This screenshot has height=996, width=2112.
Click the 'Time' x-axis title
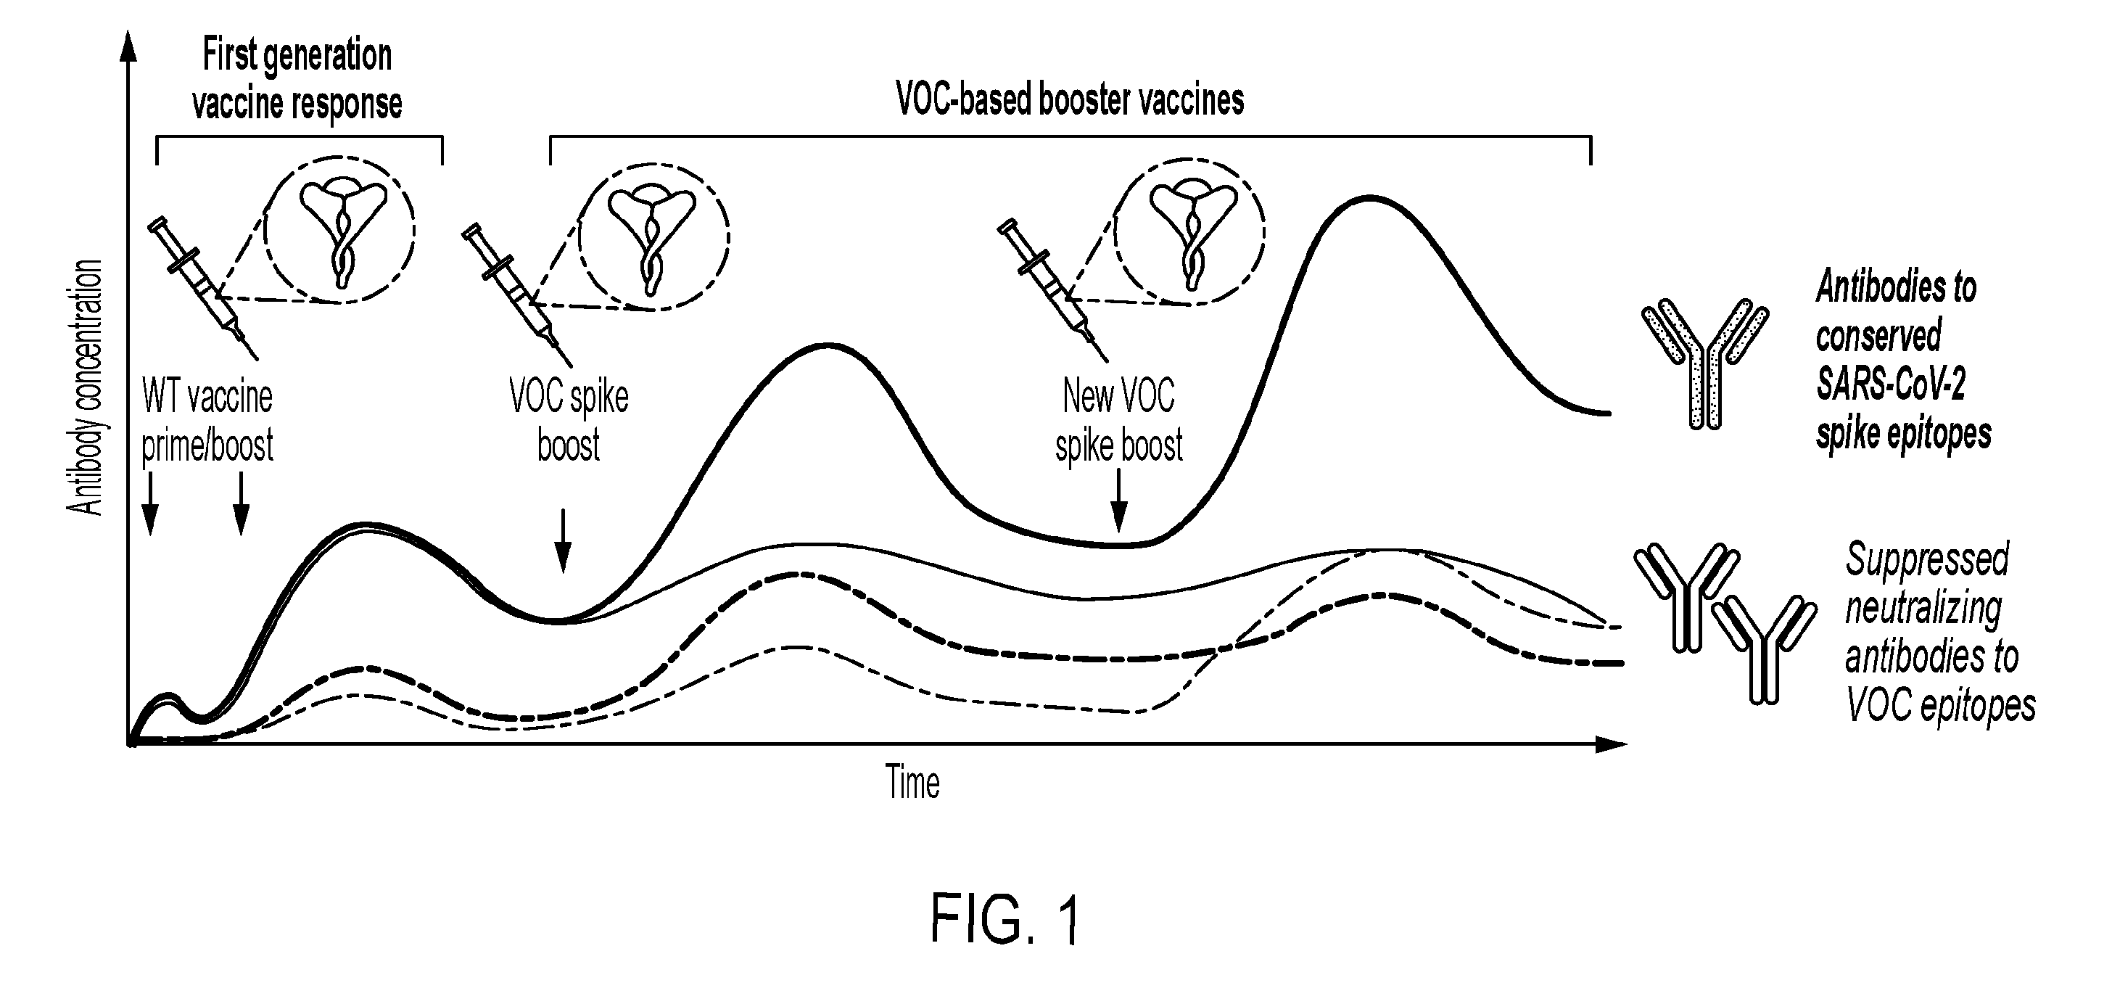click(x=912, y=782)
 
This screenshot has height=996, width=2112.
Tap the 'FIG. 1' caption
click(x=1006, y=921)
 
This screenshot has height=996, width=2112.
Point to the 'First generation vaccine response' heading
click(x=297, y=80)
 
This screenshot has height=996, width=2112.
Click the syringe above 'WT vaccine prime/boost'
click(x=202, y=289)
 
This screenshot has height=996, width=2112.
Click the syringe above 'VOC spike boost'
click(x=517, y=295)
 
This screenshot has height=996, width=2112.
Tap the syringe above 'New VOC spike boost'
click(x=1052, y=291)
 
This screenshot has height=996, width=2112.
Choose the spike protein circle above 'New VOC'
click(x=1189, y=234)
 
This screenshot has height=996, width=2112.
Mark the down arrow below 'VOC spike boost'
click(x=562, y=541)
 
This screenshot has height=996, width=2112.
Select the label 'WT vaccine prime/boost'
click(x=207, y=421)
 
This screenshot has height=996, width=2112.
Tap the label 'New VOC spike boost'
click(x=1119, y=421)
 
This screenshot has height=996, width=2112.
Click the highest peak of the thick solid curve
click(x=1369, y=197)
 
